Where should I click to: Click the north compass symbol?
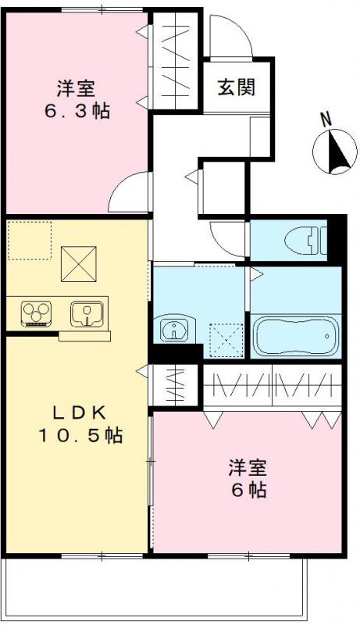tap(334, 151)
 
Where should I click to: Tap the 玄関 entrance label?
tap(236, 87)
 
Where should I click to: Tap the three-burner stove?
tap(36, 313)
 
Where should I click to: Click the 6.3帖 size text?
tap(76, 110)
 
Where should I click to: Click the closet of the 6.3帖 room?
tap(176, 60)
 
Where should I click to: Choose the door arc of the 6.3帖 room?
tap(129, 195)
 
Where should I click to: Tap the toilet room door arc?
tap(228, 235)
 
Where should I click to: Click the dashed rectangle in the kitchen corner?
tap(30, 240)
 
